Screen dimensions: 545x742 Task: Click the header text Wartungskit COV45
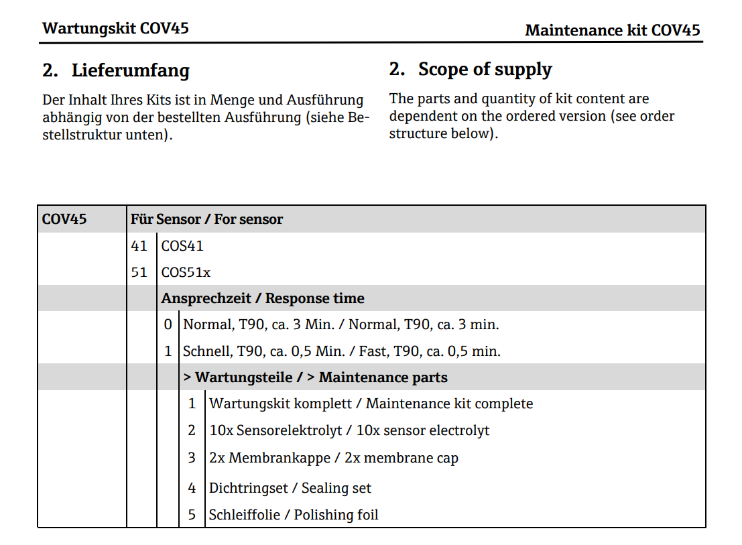(x=115, y=28)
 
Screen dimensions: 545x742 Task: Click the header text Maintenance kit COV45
(x=612, y=30)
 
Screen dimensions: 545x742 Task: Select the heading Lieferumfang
(x=130, y=70)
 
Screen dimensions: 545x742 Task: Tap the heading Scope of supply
(x=485, y=69)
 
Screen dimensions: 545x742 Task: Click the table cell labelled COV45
(x=64, y=219)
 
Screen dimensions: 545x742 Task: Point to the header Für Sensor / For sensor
(x=206, y=219)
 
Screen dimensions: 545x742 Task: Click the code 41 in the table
(x=139, y=246)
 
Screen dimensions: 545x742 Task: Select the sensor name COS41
(x=182, y=246)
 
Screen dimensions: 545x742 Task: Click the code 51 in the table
(x=139, y=273)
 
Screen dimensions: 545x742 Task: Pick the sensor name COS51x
(x=186, y=273)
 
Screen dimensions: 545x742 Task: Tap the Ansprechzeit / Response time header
(x=263, y=298)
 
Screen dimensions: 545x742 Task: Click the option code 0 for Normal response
(x=168, y=325)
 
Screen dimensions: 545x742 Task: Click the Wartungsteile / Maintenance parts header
(x=315, y=377)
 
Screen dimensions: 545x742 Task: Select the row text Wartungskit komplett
(x=284, y=404)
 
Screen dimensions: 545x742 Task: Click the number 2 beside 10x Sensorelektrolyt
(x=192, y=430)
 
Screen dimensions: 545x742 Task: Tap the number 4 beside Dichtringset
(x=192, y=488)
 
